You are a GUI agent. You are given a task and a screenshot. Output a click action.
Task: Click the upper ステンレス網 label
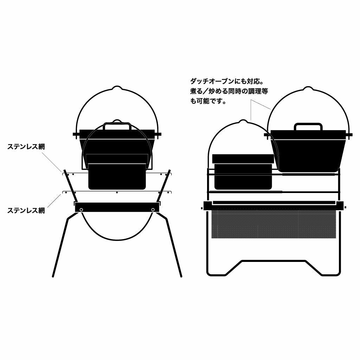(26, 147)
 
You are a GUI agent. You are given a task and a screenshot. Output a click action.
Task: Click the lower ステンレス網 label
(26, 211)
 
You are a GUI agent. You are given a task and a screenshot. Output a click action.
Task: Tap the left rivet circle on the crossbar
(81, 210)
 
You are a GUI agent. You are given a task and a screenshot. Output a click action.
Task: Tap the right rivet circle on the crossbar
(153, 210)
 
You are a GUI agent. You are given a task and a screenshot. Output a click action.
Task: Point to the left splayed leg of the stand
(60, 246)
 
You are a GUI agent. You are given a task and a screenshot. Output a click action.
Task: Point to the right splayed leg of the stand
(175, 246)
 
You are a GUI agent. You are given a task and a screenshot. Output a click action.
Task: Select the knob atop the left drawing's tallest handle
(117, 87)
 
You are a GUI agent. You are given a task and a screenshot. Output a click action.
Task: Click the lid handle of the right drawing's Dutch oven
(308, 126)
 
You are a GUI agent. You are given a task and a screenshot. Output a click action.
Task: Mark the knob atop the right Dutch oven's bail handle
(308, 88)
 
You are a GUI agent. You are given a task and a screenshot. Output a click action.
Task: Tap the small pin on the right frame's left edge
(201, 208)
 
